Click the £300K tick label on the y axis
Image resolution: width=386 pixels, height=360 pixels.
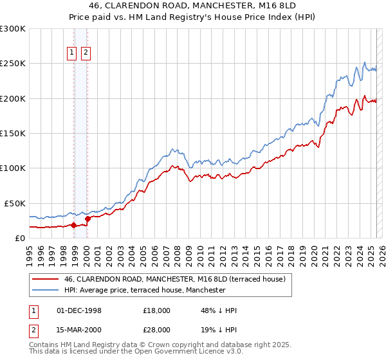tap(13, 29)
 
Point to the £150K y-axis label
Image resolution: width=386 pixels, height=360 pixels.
tap(13, 133)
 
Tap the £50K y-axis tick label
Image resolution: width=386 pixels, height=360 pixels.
tap(15, 203)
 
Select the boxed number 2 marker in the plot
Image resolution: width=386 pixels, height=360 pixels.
tap(85, 53)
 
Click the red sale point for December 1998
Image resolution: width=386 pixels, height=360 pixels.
tap(73, 225)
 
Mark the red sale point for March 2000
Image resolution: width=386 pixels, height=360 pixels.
tap(87, 218)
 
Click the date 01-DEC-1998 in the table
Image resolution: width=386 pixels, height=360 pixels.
tap(79, 310)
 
